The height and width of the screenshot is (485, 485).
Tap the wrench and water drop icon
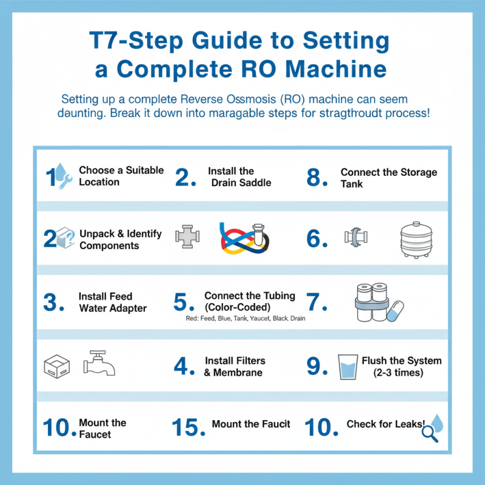pos(62,176)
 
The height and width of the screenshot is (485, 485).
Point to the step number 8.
pos(317,178)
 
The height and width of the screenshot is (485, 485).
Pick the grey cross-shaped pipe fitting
pos(186,238)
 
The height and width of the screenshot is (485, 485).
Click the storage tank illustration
pos(418,238)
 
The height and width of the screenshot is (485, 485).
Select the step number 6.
pos(317,239)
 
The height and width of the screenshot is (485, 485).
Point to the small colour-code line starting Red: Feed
pos(246,318)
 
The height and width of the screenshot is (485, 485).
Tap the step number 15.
pos(186,426)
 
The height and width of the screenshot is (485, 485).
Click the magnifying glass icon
pos(429,432)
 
